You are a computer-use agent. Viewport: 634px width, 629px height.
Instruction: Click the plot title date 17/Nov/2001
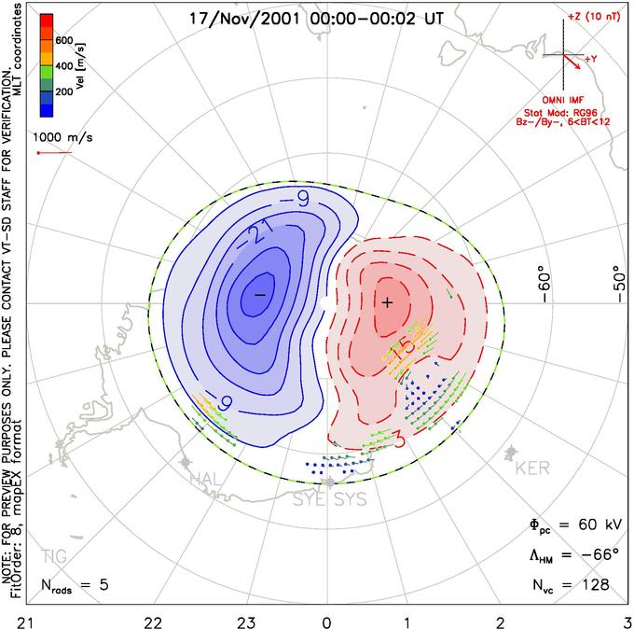pyautogui.click(x=239, y=17)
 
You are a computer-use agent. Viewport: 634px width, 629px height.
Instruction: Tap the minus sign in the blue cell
pyautogui.click(x=260, y=295)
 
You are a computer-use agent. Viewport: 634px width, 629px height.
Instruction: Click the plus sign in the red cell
pyautogui.click(x=388, y=302)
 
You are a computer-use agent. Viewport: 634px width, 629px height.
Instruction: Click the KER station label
pyautogui.click(x=532, y=468)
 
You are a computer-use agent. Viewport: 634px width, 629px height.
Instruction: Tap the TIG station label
pyautogui.click(x=54, y=556)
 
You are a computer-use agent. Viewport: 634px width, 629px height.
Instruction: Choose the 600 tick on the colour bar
pyautogui.click(x=65, y=40)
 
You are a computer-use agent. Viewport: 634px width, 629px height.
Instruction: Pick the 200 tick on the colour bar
pyautogui.click(x=65, y=93)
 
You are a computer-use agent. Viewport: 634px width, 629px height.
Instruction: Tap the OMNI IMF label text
pyautogui.click(x=575, y=99)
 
